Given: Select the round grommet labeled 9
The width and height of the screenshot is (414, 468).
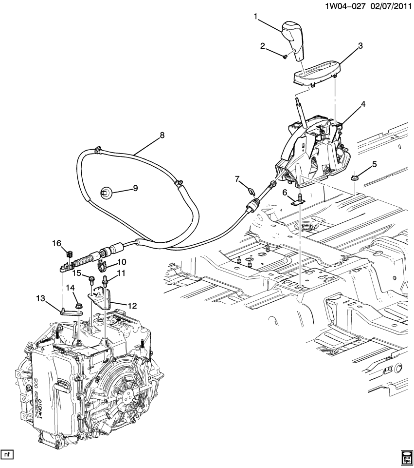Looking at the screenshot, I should click(106, 193).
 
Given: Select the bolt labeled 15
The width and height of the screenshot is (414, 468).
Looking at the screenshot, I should click(91, 280).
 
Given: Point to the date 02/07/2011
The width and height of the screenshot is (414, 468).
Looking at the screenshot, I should click(389, 6).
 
